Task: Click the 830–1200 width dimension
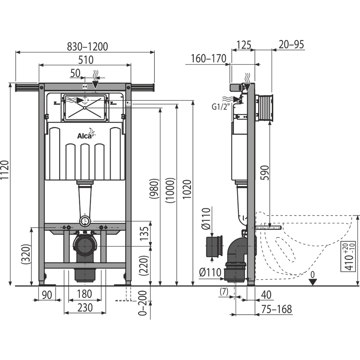(87, 46)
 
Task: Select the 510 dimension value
(86, 59)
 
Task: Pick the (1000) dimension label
(171, 191)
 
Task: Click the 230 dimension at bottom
(85, 307)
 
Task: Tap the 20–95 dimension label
(292, 44)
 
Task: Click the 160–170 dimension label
(209, 58)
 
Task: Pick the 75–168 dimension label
(277, 309)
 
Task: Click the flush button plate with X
(85, 108)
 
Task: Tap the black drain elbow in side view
(236, 252)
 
